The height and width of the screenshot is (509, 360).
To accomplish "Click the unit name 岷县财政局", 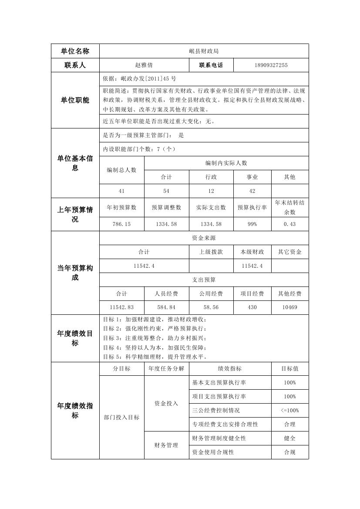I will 204,51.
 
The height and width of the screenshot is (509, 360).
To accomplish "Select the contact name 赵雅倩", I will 144,65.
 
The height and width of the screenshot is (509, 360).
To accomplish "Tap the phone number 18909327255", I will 271,65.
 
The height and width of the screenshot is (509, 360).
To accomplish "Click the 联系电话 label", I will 211,65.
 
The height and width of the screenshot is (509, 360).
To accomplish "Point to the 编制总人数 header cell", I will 121,170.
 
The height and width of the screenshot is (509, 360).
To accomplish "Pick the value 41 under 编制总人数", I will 121,191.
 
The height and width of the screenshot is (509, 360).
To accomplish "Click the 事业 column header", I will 252,177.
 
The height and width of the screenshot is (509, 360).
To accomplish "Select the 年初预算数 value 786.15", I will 121,224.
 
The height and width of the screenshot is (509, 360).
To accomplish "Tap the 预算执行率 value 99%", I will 252,224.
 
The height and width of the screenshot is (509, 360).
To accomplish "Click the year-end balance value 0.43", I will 289,224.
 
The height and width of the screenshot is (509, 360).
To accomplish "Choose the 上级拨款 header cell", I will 211,252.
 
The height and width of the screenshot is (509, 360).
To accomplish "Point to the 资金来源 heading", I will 204,238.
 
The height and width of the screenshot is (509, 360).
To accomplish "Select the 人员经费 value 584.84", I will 166,307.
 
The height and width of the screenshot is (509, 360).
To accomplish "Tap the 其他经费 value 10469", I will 289,307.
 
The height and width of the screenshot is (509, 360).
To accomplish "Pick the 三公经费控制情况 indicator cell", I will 216,410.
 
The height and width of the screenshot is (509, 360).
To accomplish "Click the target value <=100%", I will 289,410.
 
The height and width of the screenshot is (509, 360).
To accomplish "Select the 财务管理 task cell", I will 166,445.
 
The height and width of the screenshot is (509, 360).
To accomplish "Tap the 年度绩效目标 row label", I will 75,338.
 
